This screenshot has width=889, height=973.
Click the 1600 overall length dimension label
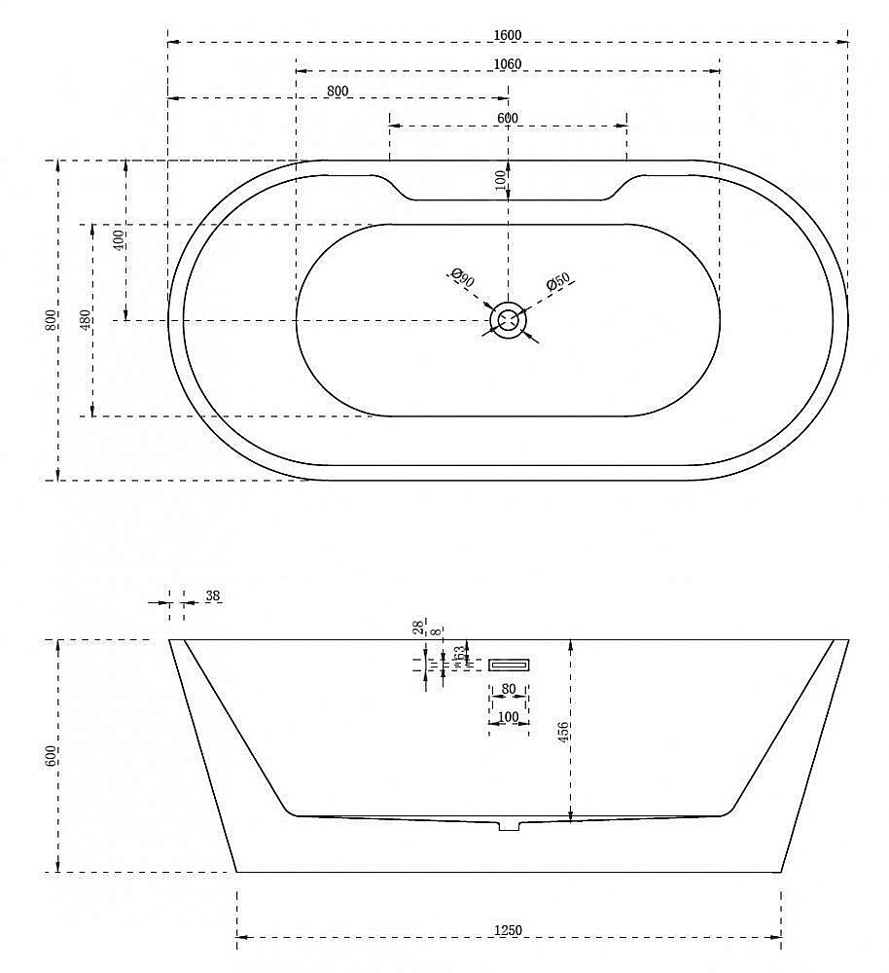tap(508, 35)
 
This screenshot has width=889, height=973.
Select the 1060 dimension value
tap(508, 64)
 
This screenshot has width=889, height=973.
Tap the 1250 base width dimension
tap(508, 931)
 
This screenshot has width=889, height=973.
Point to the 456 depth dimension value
tap(563, 730)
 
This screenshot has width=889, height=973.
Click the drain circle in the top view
tap(508, 319)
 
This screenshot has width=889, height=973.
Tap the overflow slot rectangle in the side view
tap(509, 665)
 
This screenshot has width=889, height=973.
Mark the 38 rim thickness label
tap(213, 595)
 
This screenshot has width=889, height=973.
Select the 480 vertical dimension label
tap(85, 319)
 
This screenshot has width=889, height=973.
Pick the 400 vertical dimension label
tap(119, 240)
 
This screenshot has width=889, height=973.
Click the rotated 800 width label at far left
tap(51, 319)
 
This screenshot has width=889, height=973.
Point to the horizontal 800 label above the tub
tap(338, 90)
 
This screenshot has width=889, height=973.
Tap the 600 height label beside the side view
tap(51, 756)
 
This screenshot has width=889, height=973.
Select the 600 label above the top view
tap(508, 118)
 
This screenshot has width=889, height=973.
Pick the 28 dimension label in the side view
tap(418, 629)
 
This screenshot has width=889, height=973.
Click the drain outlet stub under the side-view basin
tap(509, 825)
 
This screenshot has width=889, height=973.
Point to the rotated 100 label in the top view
tap(500, 179)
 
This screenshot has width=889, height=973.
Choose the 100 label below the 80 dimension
tap(509, 717)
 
